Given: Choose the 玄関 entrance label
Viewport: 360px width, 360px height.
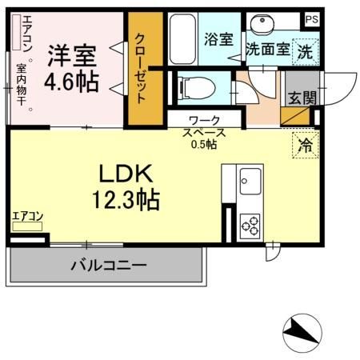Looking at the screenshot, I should pos(302,97).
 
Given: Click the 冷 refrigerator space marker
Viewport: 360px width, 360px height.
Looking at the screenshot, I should pos(305,146).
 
